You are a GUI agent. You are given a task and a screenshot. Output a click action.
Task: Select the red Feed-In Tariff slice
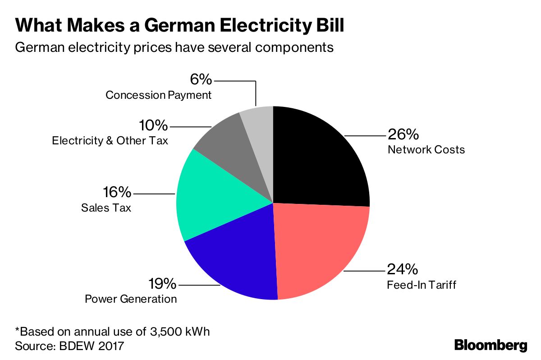tap(319, 246)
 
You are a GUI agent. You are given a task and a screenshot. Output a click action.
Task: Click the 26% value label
tap(403, 134)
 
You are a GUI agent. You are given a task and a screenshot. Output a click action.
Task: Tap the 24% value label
tap(402, 269)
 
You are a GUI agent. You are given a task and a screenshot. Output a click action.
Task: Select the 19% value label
tap(162, 283)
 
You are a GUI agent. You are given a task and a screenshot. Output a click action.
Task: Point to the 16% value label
tap(117, 192)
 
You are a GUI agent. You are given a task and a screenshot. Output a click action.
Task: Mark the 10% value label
tap(153, 125)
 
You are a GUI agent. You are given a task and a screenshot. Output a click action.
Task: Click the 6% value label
tap(201, 79)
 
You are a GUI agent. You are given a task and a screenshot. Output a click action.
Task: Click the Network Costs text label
tap(426, 150)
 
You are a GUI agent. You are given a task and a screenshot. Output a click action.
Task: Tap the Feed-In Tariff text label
tap(422, 285)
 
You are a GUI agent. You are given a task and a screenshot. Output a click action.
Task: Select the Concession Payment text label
tap(158, 95)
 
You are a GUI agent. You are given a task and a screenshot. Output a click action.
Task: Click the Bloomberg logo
tap(491, 346)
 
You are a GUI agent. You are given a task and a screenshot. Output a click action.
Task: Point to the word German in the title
tap(180, 25)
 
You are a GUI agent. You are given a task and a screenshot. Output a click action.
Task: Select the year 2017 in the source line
tap(111, 346)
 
